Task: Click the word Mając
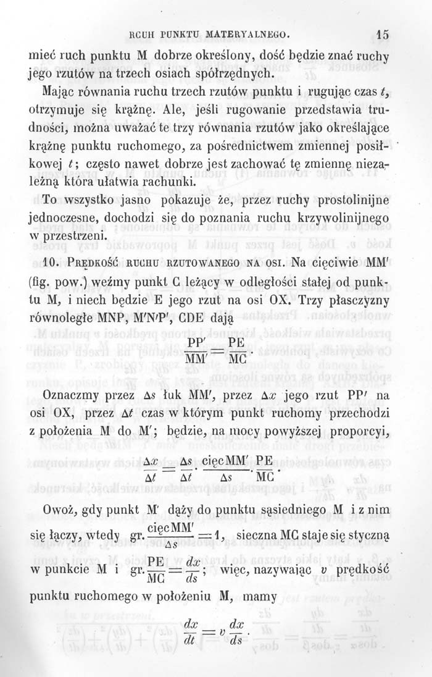click(x=57, y=94)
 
